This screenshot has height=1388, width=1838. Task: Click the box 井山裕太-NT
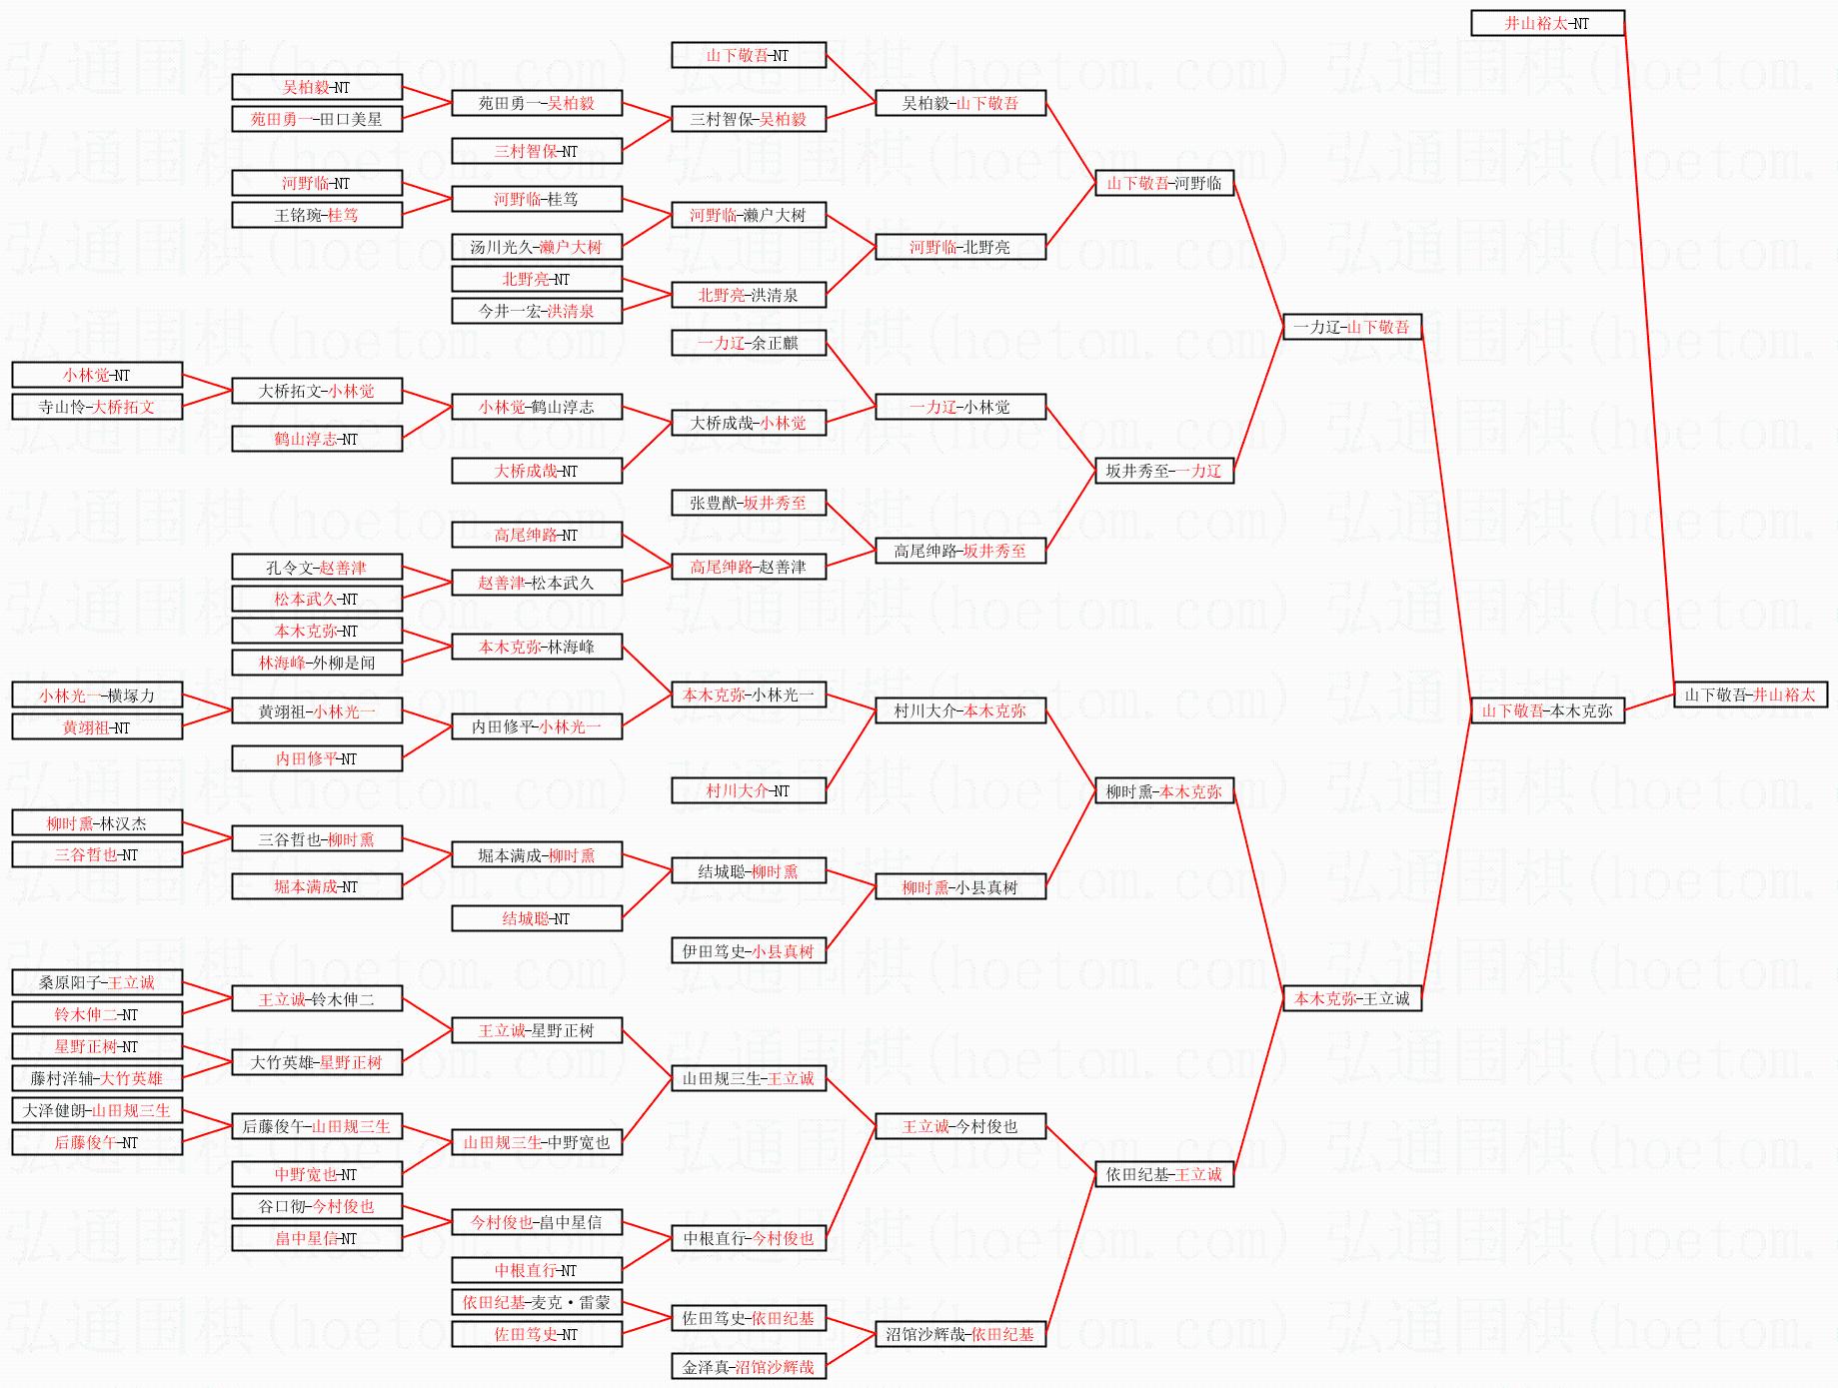tap(1547, 23)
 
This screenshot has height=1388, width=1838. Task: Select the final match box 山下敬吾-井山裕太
tap(1750, 694)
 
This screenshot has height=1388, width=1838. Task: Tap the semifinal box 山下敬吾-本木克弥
tap(1547, 710)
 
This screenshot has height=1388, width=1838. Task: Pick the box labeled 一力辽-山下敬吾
tap(1351, 327)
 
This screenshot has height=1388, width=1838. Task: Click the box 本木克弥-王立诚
tap(1351, 998)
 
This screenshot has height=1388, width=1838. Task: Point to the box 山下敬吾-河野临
tap(1164, 183)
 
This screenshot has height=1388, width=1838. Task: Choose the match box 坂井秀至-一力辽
tap(1164, 471)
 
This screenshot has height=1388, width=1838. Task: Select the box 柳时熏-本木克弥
tap(1164, 791)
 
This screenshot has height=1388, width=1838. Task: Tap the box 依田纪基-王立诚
tap(1164, 1174)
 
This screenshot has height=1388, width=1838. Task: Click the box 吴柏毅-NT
tap(317, 87)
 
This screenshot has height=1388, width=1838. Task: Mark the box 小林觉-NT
tap(97, 375)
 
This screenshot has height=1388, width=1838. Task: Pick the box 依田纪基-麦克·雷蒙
tap(537, 1302)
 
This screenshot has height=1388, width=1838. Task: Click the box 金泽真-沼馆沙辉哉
tap(749, 1366)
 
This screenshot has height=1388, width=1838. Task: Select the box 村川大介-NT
tap(749, 790)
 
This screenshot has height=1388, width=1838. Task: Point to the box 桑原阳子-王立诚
tap(97, 982)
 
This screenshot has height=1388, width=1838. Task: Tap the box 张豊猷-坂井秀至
tap(749, 503)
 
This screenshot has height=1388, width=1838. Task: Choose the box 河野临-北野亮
tap(960, 247)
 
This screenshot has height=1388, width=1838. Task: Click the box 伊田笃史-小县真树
tap(749, 951)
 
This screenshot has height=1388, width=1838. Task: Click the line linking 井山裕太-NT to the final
tap(1649, 360)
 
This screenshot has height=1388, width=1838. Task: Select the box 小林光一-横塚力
tap(97, 695)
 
